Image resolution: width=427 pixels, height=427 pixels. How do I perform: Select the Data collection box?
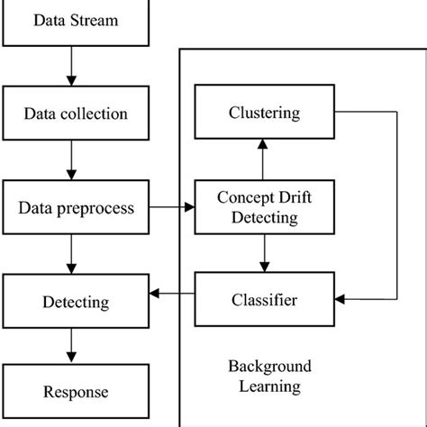(x=77, y=114)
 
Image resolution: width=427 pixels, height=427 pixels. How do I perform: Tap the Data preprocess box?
(x=77, y=208)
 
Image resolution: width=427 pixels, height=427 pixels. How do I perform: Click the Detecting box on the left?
(x=77, y=301)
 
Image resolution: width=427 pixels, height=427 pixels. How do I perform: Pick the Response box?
(x=77, y=392)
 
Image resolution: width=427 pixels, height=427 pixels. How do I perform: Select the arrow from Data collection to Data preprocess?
(x=71, y=161)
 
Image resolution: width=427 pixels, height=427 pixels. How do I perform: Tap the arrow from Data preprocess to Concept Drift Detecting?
(x=172, y=208)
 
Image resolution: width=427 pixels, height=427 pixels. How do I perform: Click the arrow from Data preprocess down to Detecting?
(x=71, y=255)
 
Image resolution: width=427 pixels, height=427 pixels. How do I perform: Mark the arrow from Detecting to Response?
(x=71, y=347)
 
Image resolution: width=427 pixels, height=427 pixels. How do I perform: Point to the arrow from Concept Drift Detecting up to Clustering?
(x=261, y=160)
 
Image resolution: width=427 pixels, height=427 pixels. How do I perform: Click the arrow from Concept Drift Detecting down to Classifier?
(x=261, y=254)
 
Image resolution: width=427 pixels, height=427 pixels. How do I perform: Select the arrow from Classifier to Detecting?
(x=172, y=294)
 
